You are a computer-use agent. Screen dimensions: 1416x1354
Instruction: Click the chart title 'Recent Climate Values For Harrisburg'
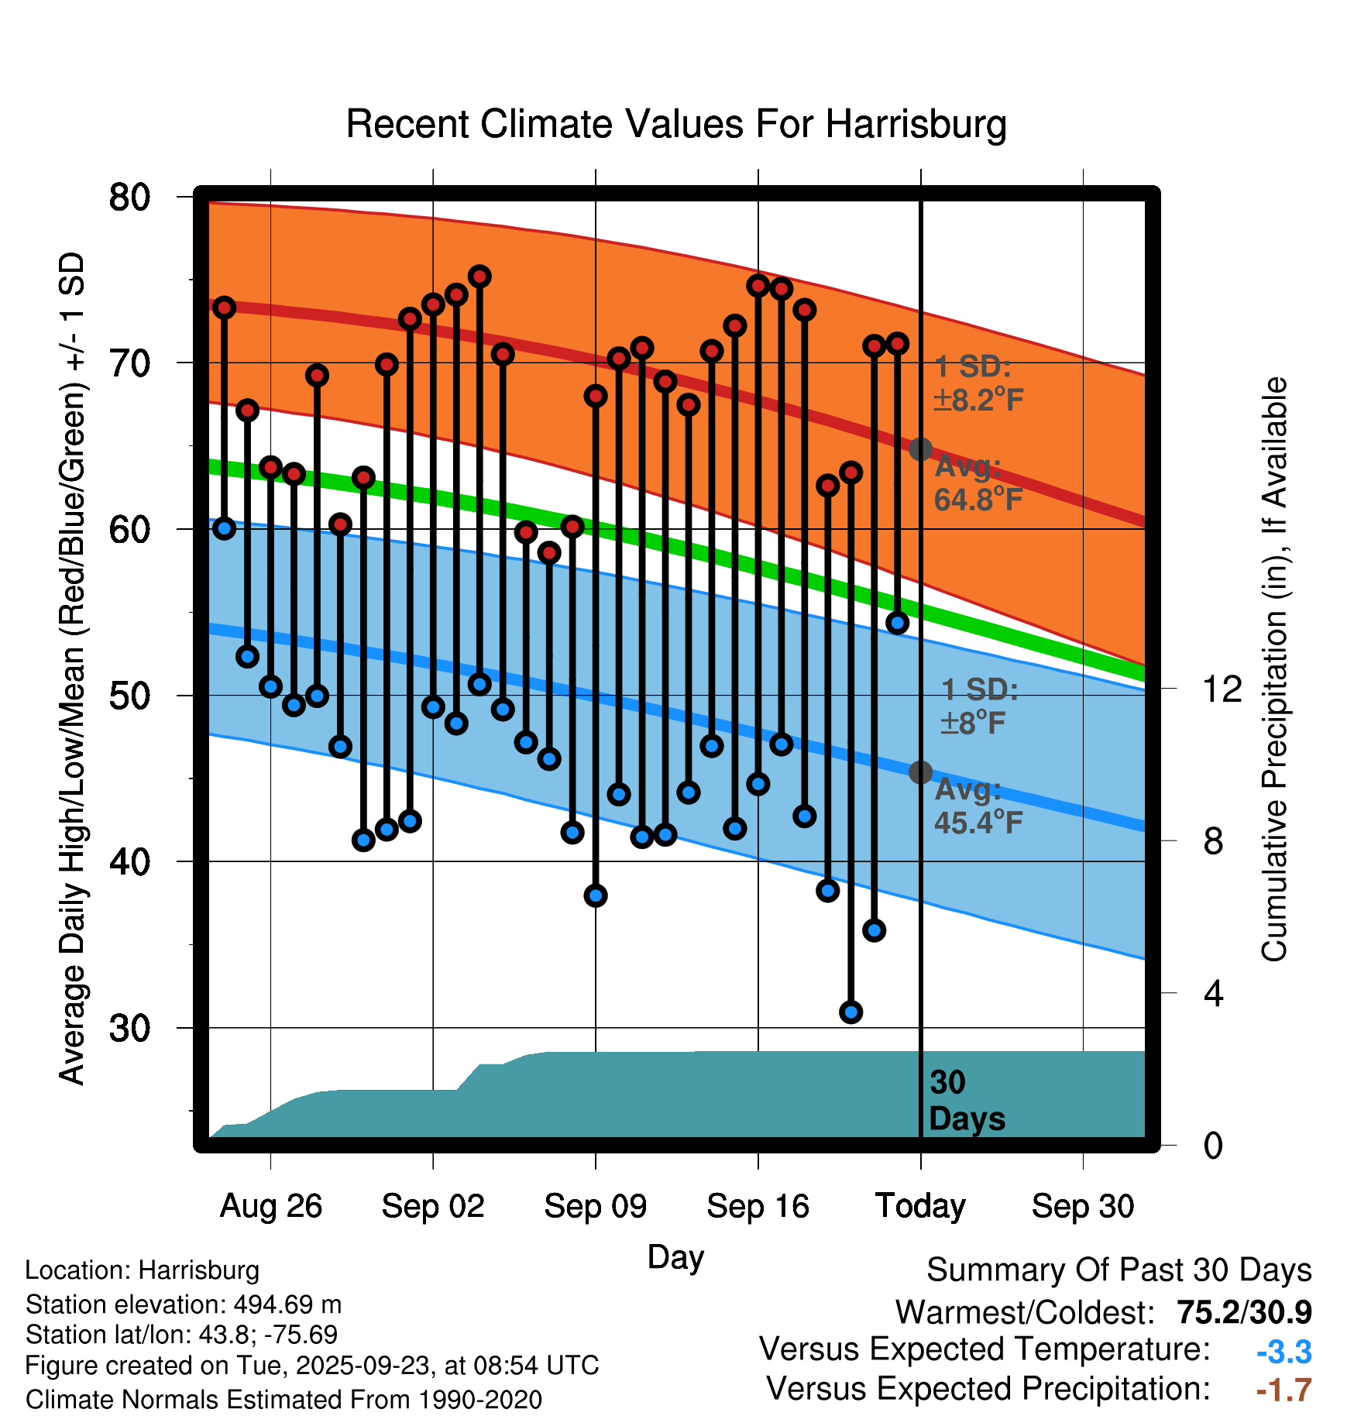tap(675, 124)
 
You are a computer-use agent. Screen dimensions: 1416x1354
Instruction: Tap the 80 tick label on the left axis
tap(129, 198)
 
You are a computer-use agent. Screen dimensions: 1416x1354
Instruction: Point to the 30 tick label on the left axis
tap(129, 1029)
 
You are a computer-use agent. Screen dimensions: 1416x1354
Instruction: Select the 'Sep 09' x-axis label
tap(595, 1206)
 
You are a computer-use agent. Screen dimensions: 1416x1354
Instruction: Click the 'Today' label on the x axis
tap(920, 1206)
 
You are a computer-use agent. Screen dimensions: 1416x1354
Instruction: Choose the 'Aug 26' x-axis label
tap(270, 1206)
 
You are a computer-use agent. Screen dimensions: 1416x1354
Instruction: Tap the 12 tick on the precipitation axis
tap(1222, 689)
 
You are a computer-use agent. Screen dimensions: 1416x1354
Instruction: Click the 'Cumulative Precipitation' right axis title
tap(1274, 670)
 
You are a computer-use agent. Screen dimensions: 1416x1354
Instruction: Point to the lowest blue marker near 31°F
tap(851, 1012)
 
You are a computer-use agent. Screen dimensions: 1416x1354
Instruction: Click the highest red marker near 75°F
tap(479, 277)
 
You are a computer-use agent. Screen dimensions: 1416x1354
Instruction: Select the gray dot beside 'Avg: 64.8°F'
tap(920, 449)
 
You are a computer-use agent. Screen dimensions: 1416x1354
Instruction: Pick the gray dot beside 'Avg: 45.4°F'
tap(920, 772)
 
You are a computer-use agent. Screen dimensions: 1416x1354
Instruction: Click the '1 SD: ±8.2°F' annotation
tap(978, 383)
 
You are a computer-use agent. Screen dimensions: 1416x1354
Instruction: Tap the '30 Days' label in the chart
tap(966, 1101)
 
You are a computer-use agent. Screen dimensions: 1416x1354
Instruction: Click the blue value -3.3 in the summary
tap(1284, 1352)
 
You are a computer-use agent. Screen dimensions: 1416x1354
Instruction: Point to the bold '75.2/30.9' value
tap(1244, 1312)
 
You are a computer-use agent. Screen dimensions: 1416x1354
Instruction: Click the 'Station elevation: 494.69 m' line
tap(184, 1304)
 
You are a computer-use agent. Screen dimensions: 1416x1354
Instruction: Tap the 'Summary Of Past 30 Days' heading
tap(1119, 1270)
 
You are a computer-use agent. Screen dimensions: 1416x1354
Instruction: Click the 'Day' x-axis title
tap(675, 1256)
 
